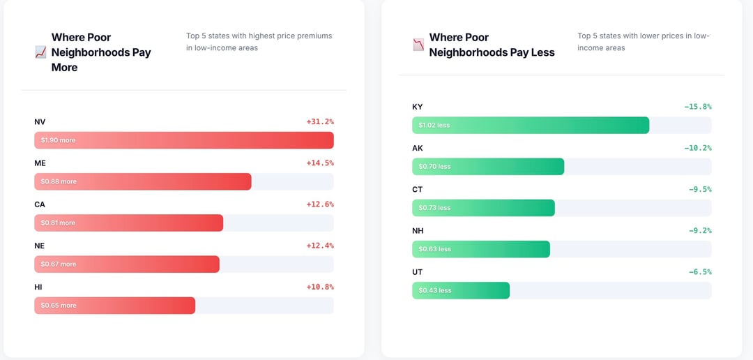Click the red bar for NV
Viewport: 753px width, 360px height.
coord(184,140)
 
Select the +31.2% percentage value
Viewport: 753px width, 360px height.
coord(320,121)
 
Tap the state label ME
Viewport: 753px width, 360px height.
coord(40,163)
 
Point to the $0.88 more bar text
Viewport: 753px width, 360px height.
coord(59,181)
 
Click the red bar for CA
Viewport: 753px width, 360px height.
coord(128,223)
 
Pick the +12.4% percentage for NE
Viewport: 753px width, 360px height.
coord(320,246)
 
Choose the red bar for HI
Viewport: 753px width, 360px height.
coord(114,306)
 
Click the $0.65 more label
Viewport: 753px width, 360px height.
coord(59,306)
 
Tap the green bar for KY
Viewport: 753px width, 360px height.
coord(531,125)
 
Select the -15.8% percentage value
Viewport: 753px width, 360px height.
coord(697,107)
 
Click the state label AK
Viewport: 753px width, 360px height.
coord(418,148)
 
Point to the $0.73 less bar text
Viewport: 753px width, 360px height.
coord(435,208)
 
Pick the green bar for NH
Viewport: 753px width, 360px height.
coord(481,249)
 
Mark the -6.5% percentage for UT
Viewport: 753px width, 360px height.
coord(699,272)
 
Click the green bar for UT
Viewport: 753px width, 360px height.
coord(461,290)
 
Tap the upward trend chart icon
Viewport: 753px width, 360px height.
coord(40,52)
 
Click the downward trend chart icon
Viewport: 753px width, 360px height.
coord(418,45)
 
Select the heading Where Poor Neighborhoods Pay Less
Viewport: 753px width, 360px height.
coord(492,45)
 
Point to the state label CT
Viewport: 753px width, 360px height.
coord(418,189)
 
